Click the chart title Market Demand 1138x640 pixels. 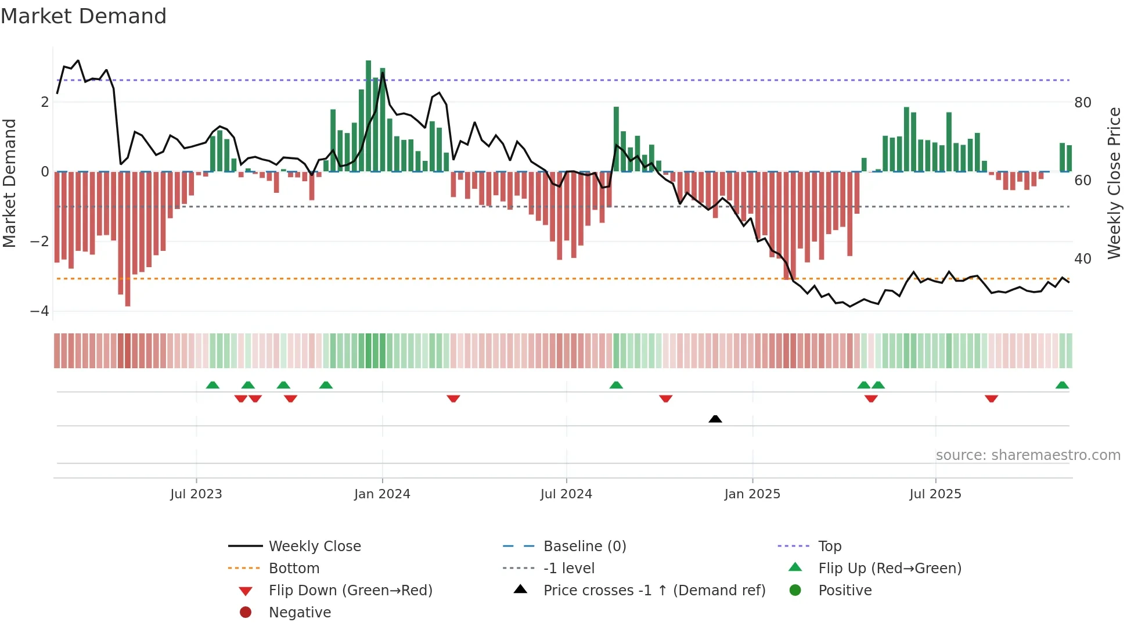84,16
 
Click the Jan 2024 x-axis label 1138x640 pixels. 382,494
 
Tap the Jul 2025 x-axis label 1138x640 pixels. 935,494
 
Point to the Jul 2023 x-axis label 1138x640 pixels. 196,494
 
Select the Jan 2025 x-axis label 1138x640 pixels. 752,494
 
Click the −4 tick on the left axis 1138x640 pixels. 39,311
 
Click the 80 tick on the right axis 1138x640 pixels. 1083,103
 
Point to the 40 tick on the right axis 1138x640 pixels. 1083,259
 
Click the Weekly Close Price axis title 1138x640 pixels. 1114,183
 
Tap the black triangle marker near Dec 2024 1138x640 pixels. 715,419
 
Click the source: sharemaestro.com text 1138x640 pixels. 1028,455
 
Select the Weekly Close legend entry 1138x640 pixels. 314,546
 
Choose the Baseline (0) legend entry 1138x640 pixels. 584,546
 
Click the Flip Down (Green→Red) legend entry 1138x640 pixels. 350,591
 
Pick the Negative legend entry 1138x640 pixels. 300,613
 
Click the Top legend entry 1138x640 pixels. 829,546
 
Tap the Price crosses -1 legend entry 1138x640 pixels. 654,591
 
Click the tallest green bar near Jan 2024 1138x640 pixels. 369,116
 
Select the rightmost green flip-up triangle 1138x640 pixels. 1062,385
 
